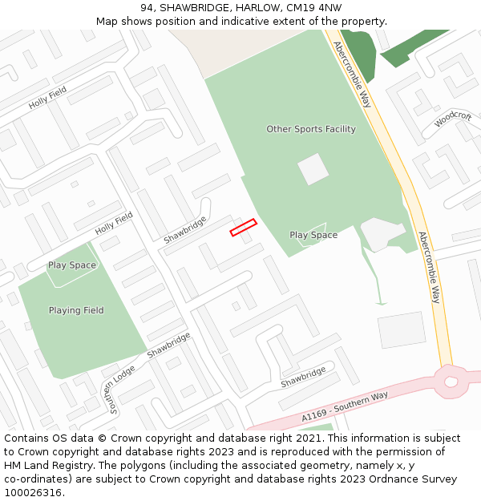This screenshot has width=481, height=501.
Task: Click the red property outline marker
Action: [x=243, y=228]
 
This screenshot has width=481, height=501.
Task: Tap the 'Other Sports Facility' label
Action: [x=311, y=129]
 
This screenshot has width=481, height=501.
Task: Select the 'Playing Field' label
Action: [x=76, y=310]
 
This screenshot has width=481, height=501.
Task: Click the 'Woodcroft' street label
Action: [x=453, y=119]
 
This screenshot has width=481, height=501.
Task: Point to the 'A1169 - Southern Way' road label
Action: [x=345, y=407]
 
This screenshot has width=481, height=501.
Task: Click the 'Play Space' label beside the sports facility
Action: [x=313, y=235]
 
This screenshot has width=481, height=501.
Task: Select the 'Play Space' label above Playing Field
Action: [x=72, y=265]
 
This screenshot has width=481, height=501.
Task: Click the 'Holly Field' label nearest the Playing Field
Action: [x=114, y=224]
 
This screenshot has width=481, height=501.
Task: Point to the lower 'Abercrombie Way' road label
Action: [x=430, y=267]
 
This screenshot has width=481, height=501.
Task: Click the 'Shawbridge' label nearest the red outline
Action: [x=185, y=230]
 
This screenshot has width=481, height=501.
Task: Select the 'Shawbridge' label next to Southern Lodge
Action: [x=168, y=345]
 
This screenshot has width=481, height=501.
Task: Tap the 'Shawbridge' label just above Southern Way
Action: [x=303, y=378]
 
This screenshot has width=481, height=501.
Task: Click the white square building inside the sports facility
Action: [x=313, y=169]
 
